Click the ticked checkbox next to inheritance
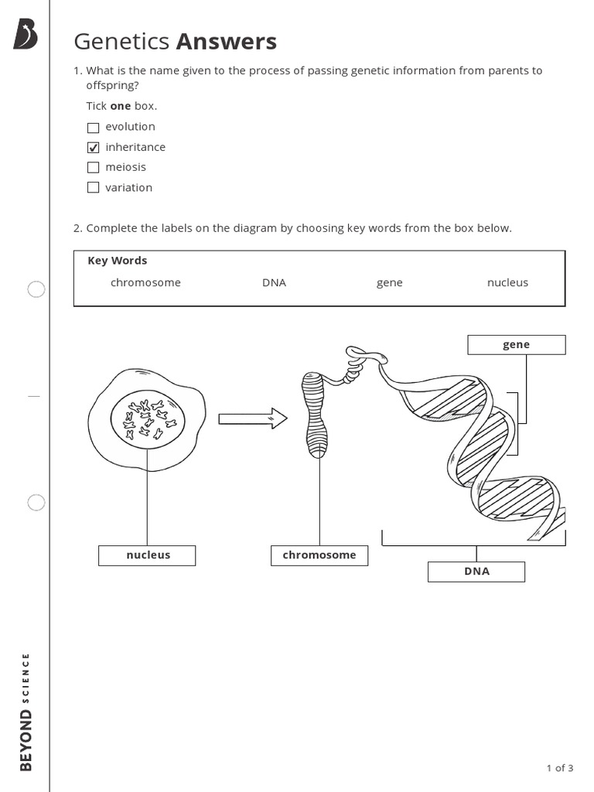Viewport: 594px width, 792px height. click(94, 148)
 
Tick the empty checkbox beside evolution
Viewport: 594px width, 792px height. click(94, 128)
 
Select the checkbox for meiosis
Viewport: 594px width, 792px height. click(94, 168)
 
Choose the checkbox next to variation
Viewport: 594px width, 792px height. click(94, 188)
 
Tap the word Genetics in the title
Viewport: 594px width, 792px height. click(121, 41)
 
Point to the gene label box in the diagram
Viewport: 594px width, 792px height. click(516, 345)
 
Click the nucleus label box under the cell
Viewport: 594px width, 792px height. click(147, 555)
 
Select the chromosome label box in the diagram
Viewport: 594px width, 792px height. click(319, 555)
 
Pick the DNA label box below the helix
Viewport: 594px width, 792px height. click(476, 572)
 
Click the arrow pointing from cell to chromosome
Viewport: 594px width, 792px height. click(252, 419)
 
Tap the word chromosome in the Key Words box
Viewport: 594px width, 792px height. click(145, 283)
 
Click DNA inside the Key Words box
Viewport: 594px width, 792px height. click(274, 283)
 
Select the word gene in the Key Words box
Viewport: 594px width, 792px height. click(389, 283)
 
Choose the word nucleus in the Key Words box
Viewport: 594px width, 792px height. click(507, 283)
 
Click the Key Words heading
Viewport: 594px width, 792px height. click(117, 261)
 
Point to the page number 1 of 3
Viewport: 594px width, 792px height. click(559, 768)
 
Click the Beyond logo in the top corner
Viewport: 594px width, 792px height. click(26, 36)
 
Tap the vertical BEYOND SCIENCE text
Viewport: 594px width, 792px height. click(26, 712)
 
